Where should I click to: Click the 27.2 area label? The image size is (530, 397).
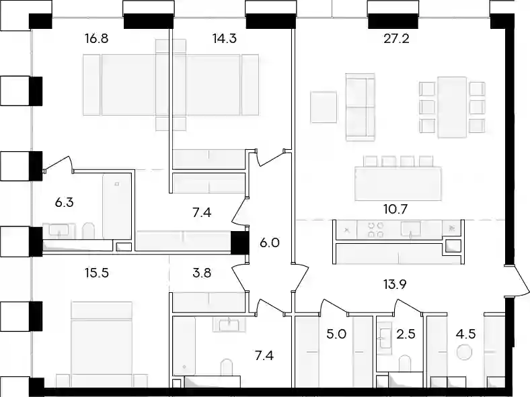click(396, 39)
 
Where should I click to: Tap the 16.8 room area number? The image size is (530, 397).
click(97, 39)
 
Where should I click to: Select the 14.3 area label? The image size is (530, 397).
click(225, 39)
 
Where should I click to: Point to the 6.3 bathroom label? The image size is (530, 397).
click(64, 203)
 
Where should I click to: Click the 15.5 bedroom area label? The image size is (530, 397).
click(97, 273)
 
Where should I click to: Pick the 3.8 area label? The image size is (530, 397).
click(202, 273)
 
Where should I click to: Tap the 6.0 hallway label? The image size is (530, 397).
click(270, 242)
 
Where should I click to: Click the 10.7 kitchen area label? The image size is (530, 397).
click(395, 210)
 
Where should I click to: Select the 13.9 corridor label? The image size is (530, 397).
click(395, 285)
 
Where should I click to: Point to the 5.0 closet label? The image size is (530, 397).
click(336, 335)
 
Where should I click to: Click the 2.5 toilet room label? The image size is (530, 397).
click(406, 335)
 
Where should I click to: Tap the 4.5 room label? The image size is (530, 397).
click(466, 335)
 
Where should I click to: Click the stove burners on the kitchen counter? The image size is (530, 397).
click(375, 229)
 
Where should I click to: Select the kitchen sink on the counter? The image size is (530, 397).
click(411, 228)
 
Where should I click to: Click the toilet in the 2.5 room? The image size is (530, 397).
click(405, 363)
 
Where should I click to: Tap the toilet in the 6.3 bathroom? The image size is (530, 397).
click(88, 231)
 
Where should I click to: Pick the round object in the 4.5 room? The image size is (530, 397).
click(464, 353)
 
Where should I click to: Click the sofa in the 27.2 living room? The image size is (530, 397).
click(361, 107)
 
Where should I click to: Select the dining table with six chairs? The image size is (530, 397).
click(452, 107)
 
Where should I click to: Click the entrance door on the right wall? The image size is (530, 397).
click(517, 281)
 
